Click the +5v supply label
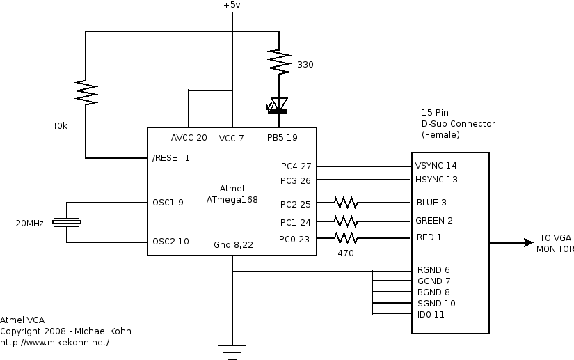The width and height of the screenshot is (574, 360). click(x=232, y=5)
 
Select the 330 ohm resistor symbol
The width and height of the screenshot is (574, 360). click(x=279, y=61)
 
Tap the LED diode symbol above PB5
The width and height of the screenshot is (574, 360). click(x=278, y=105)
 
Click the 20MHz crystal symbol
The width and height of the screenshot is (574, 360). click(x=67, y=222)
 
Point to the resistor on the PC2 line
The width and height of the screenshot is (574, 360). click(x=346, y=203)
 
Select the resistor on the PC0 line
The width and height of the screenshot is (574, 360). click(x=346, y=238)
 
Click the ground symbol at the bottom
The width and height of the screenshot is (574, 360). click(x=232, y=352)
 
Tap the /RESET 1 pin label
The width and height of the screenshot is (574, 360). click(x=171, y=158)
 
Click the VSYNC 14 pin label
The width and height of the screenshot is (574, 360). click(x=436, y=166)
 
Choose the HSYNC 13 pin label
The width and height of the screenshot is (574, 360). click(x=436, y=180)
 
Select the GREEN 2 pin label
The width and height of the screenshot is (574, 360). click(x=434, y=221)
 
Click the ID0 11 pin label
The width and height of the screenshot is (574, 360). click(x=431, y=314)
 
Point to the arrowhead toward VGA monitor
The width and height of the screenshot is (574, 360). click(x=529, y=242)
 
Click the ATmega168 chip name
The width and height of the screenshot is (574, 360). click(x=232, y=200)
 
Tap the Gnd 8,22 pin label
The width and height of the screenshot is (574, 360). click(x=233, y=244)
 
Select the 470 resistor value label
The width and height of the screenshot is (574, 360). click(x=346, y=253)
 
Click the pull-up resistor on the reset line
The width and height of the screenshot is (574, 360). click(x=86, y=93)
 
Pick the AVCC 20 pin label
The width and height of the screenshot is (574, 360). click(x=189, y=138)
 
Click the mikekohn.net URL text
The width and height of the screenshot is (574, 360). click(x=54, y=343)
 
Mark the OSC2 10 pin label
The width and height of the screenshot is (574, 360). click(x=170, y=242)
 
